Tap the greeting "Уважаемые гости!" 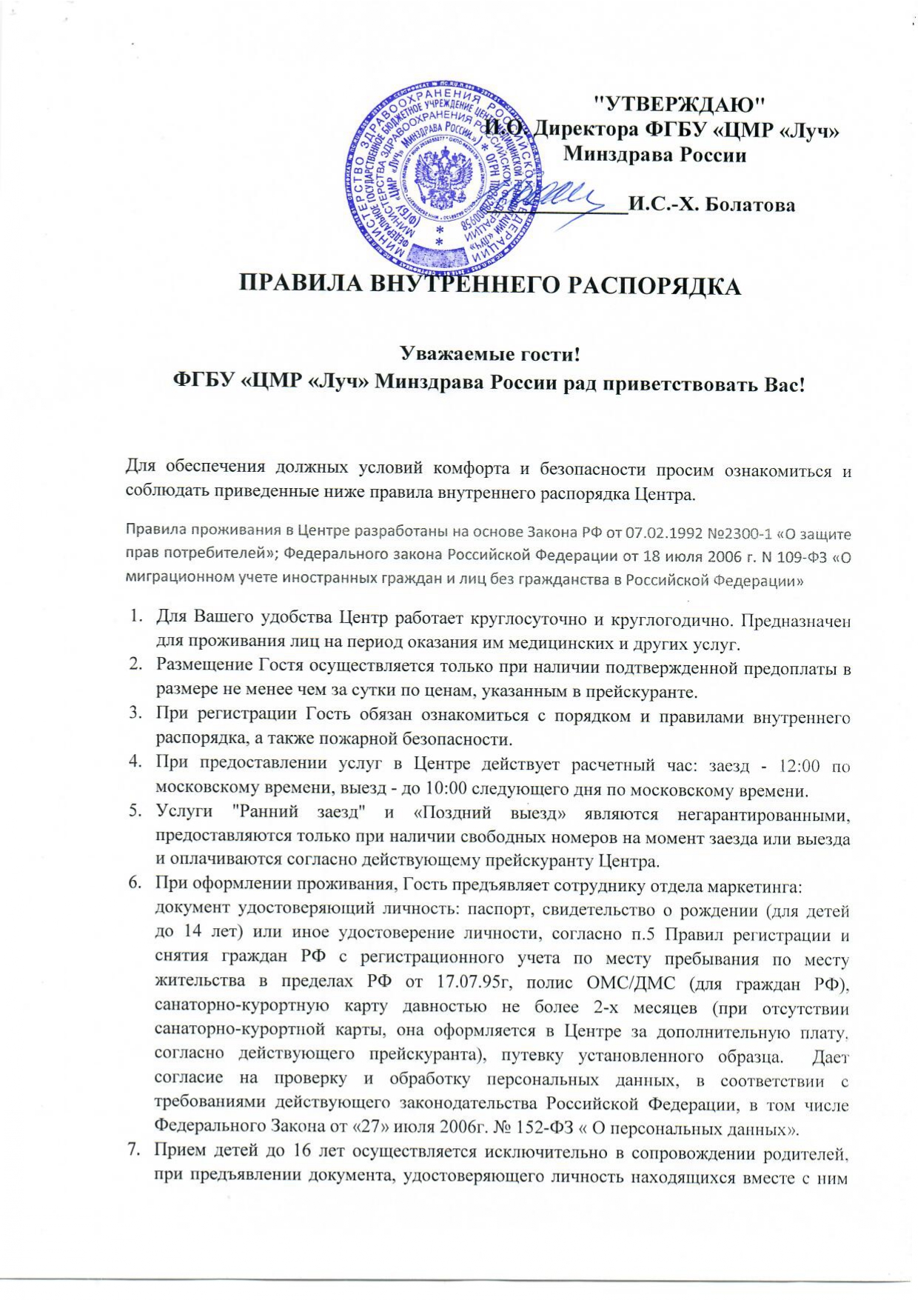coord(489,354)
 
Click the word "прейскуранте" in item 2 coord(652,693)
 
